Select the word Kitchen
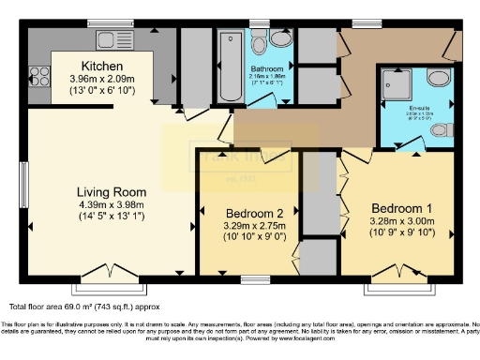click(102, 66)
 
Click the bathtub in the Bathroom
click(231, 68)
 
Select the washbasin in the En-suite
click(439, 80)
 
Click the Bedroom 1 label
click(401, 207)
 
